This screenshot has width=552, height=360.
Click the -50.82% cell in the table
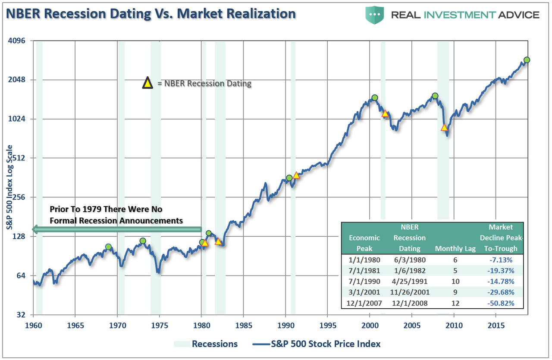coord(502,303)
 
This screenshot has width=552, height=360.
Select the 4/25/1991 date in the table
coord(409,282)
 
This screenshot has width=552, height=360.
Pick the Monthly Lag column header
coord(455,248)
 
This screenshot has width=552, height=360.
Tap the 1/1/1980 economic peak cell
coord(364,260)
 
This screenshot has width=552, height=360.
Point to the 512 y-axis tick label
coord(19,158)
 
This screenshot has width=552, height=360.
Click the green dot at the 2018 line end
coord(527,60)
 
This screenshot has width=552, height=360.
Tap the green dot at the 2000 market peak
coord(375,98)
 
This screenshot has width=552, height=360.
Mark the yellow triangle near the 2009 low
coord(444,128)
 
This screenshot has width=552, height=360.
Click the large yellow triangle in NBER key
coord(148,83)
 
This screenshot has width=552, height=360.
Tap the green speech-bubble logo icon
coord(375,14)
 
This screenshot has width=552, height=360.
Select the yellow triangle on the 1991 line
coord(296,175)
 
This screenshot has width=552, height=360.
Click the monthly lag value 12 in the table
coord(455,303)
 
